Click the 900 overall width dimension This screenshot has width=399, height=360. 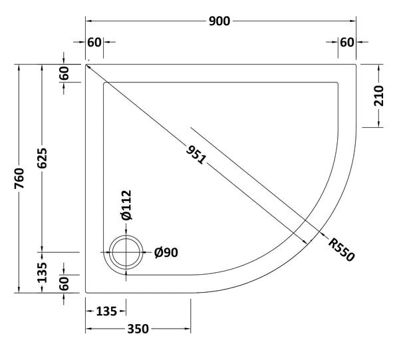click(219, 21)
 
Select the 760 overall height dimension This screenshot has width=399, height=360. click(20, 178)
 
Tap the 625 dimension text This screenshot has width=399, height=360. click(43, 158)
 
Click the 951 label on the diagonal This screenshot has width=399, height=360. click(197, 155)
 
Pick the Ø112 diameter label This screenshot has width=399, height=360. click(127, 206)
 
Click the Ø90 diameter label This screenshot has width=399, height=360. click(166, 253)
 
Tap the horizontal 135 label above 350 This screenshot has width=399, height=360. click(106, 311)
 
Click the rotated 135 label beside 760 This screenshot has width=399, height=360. click(43, 272)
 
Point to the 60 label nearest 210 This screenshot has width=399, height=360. click(346, 43)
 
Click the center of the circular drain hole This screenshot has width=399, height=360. click(125, 253)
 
